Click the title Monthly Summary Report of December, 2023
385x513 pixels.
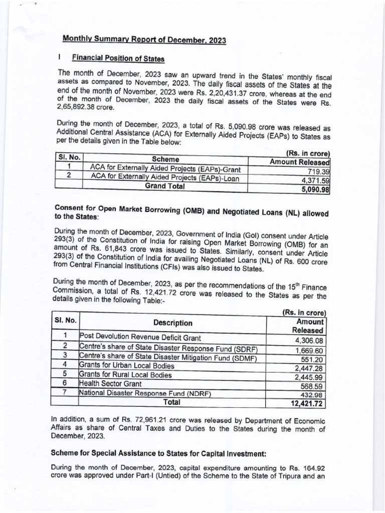click(x=143, y=40)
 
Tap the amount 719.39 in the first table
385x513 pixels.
click(x=316, y=171)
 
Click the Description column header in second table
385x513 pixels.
click(x=173, y=323)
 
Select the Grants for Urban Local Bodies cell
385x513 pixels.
click(x=126, y=365)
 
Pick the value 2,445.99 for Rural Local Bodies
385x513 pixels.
click(x=310, y=377)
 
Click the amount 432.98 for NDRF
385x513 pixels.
click(x=314, y=394)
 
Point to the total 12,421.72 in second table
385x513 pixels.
click(x=307, y=403)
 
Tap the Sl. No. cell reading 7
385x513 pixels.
click(x=65, y=392)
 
